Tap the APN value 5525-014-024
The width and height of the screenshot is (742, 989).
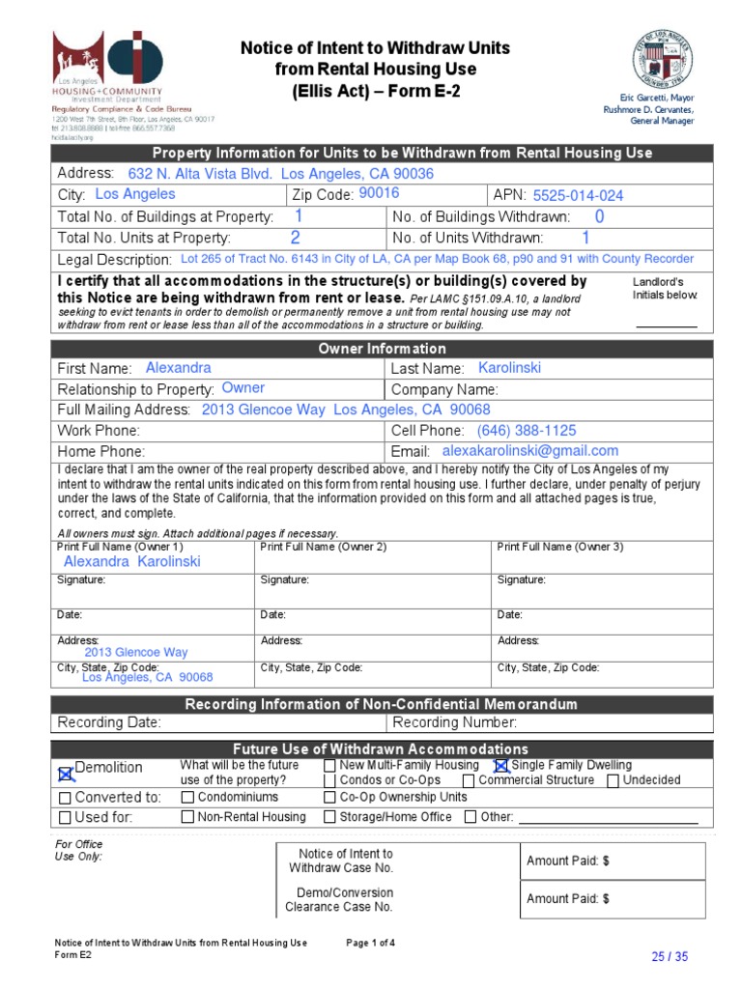pos(578,195)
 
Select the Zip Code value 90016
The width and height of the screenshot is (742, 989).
pos(379,193)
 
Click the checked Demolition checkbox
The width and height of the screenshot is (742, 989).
pos(65,772)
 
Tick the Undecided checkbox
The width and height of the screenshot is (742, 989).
pos(613,781)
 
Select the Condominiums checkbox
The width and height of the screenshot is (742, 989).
pos(187,798)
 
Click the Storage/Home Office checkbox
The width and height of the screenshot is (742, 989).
pos(329,817)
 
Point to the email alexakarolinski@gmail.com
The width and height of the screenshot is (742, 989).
pos(529,451)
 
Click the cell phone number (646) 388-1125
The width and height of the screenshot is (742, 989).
pos(527,431)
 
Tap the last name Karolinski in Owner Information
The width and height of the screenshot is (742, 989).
pos(509,368)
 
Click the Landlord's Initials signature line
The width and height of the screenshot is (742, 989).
pos(666,325)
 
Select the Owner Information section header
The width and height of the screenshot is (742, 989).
pos(383,349)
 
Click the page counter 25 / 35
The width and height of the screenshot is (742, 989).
pos(670,957)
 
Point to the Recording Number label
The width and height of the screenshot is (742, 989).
pos(454,722)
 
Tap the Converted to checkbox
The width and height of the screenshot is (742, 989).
pos(65,799)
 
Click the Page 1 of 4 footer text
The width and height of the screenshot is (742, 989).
pos(370,943)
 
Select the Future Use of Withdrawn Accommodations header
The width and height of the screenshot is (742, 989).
pos(383,749)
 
